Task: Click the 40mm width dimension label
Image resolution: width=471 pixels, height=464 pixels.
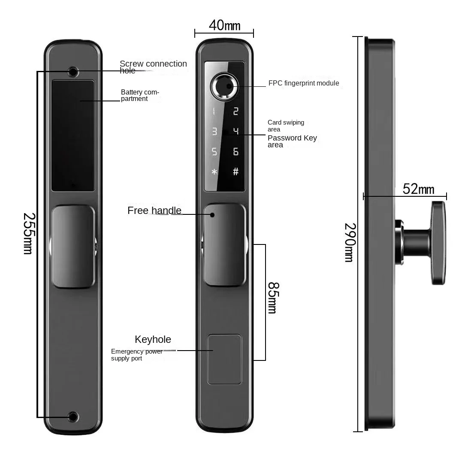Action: point(224,25)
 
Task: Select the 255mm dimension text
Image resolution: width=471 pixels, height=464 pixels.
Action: point(28,233)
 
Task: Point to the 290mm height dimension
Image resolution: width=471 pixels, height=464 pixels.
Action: point(350,242)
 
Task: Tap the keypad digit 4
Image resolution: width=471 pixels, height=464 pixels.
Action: point(235,131)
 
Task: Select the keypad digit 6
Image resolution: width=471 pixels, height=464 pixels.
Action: point(235,152)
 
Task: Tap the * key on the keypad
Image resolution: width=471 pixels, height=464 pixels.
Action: point(214,172)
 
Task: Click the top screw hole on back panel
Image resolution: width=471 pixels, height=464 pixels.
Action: point(73,71)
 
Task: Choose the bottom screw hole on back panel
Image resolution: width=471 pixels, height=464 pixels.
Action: point(73,416)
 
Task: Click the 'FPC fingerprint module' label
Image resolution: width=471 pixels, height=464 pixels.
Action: point(304,83)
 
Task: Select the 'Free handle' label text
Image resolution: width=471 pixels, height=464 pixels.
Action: point(154,211)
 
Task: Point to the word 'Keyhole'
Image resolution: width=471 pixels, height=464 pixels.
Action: point(153,339)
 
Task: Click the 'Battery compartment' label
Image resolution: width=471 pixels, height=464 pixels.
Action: point(140,95)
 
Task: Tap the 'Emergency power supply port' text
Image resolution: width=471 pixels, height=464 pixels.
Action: point(137,355)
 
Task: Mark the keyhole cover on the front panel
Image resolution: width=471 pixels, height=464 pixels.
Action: point(224,359)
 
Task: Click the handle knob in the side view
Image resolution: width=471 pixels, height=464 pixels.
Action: point(438,243)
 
